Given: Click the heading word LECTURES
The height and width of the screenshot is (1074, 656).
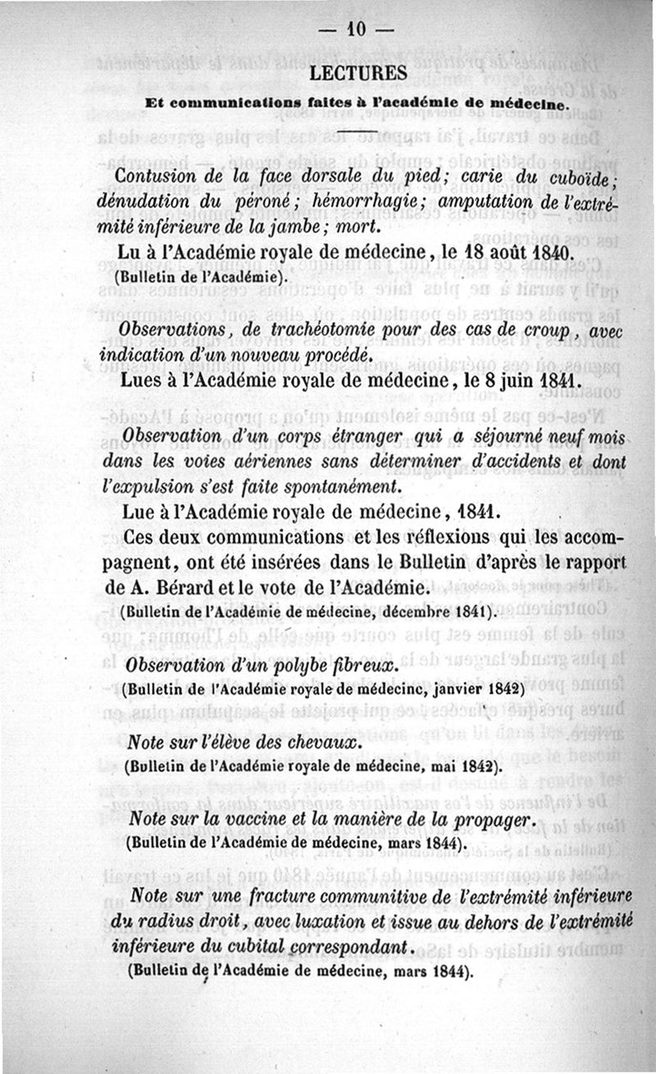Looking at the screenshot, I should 358,73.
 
